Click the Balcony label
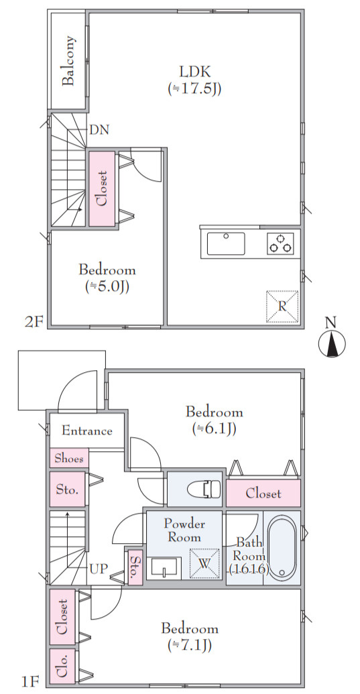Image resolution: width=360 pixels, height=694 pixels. pos(68,61)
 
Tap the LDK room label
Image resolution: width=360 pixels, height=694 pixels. pos(194,71)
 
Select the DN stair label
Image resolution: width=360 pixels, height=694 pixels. pos(99,130)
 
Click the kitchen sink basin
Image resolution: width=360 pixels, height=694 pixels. pos(226,243)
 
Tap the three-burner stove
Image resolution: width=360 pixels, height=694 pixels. pos(280,243)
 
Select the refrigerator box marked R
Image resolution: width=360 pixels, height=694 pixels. pos(282,306)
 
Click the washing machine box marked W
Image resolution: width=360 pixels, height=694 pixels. pos(204,563)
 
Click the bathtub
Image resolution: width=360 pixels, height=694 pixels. pos(282,548)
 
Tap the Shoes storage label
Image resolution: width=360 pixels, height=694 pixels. pos(69,459)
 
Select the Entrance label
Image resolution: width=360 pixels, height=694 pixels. pos(86,430)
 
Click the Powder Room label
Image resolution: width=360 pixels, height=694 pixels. pos(184,530)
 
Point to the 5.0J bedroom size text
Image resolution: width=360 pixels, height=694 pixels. pos(107,287)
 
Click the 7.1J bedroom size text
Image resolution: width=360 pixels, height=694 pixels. pos(190,646)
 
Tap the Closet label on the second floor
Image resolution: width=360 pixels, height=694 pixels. pos(102,188)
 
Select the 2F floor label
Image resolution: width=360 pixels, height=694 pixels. pos(34,321)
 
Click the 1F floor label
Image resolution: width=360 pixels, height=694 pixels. pos(31,680)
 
